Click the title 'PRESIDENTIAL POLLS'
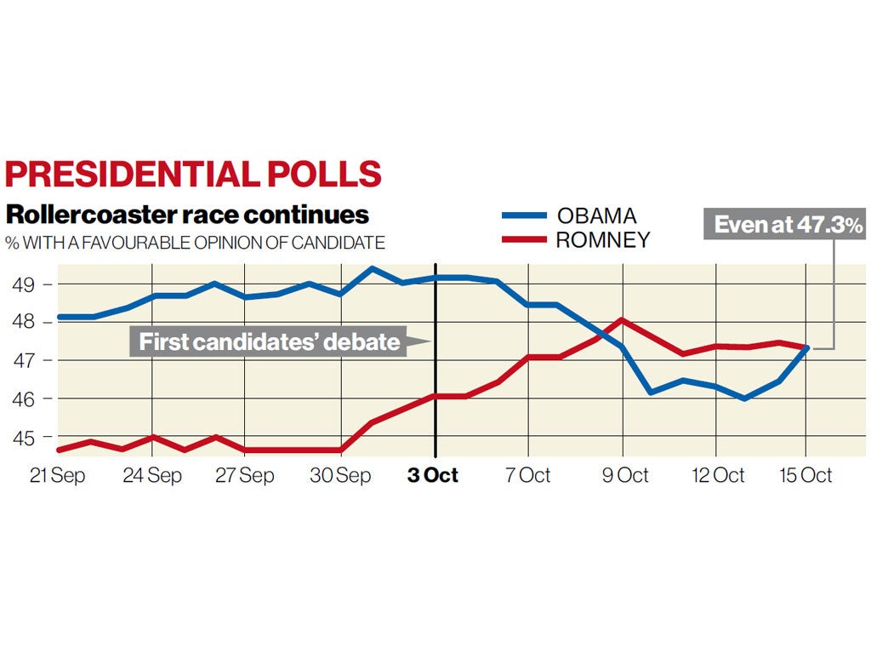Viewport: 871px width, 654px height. (x=193, y=173)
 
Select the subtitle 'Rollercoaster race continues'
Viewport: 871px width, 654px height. (x=187, y=214)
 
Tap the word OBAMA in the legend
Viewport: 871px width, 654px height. (x=596, y=215)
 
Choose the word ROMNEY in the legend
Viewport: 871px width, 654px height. (x=602, y=240)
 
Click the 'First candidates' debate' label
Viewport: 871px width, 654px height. (x=269, y=342)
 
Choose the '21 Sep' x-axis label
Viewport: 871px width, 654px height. (x=58, y=475)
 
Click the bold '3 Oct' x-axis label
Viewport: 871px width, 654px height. (x=433, y=475)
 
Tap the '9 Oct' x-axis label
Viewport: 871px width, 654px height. (x=625, y=475)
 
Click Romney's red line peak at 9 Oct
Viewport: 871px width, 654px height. (x=623, y=320)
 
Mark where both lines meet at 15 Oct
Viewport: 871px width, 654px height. (x=806, y=347)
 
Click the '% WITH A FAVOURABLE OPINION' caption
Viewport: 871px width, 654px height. (x=196, y=243)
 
